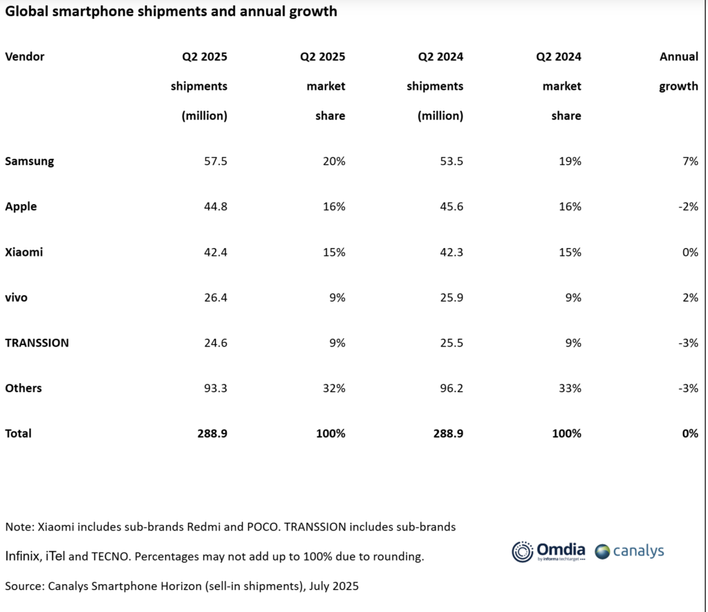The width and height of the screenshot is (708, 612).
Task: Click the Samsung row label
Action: tap(30, 161)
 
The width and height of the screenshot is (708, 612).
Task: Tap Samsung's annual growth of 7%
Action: tap(689, 161)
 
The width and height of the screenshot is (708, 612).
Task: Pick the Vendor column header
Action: tap(25, 57)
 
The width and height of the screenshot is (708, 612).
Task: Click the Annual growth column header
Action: tap(678, 72)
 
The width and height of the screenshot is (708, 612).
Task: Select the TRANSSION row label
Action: tap(37, 343)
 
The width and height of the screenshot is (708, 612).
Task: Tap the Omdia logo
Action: tap(548, 551)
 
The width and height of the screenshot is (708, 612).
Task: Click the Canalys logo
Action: tap(629, 551)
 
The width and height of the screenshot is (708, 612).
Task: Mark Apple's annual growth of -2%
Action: tap(687, 207)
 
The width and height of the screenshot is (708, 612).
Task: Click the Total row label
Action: tap(19, 434)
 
